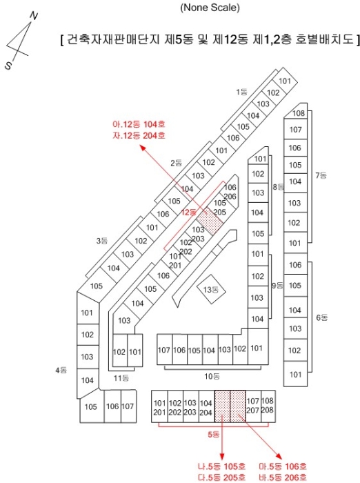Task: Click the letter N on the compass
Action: [34, 16]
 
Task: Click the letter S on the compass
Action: [8, 66]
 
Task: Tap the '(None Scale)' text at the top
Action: [210, 7]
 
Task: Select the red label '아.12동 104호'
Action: [139, 124]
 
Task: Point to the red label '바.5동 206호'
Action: [283, 477]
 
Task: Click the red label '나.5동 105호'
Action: [222, 466]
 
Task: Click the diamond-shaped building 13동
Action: [211, 290]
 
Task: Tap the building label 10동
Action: [212, 376]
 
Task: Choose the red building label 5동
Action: [213, 435]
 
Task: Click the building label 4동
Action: [61, 370]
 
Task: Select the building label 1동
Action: [242, 92]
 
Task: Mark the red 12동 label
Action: [188, 213]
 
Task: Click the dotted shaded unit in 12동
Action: [209, 221]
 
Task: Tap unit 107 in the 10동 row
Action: [164, 350]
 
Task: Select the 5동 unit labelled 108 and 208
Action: [268, 406]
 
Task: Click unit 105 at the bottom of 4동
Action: [92, 406]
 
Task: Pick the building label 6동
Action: [322, 317]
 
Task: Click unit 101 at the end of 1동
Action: [285, 81]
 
